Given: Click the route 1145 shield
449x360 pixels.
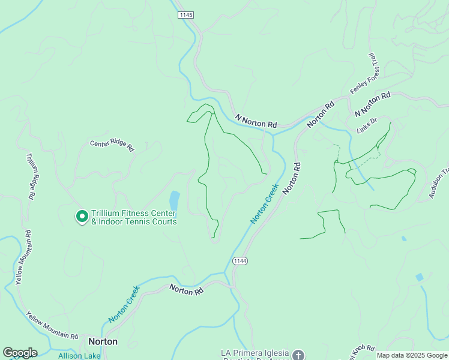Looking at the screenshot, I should click(x=185, y=14).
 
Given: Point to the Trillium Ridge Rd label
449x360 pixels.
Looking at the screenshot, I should click(x=31, y=175).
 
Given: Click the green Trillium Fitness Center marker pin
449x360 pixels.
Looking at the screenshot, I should click(x=81, y=217).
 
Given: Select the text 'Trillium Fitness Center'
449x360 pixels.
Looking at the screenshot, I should click(x=133, y=214).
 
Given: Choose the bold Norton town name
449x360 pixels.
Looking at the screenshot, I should click(x=103, y=341).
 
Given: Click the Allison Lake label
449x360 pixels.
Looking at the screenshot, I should click(x=79, y=356).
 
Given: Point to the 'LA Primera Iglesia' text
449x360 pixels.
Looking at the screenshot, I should click(x=256, y=353).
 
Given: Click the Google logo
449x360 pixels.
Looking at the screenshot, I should click(x=20, y=353).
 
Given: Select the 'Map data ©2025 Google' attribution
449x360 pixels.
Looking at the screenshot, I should click(x=412, y=355).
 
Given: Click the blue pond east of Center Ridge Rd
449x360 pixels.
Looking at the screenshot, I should click(x=174, y=200).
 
